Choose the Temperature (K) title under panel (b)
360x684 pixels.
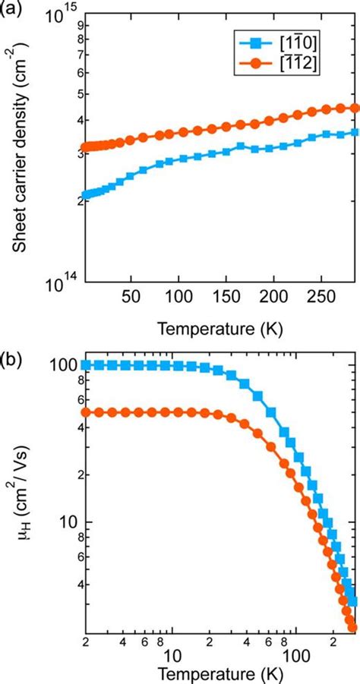click(220, 674)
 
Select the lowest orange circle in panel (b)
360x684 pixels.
click(352, 626)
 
